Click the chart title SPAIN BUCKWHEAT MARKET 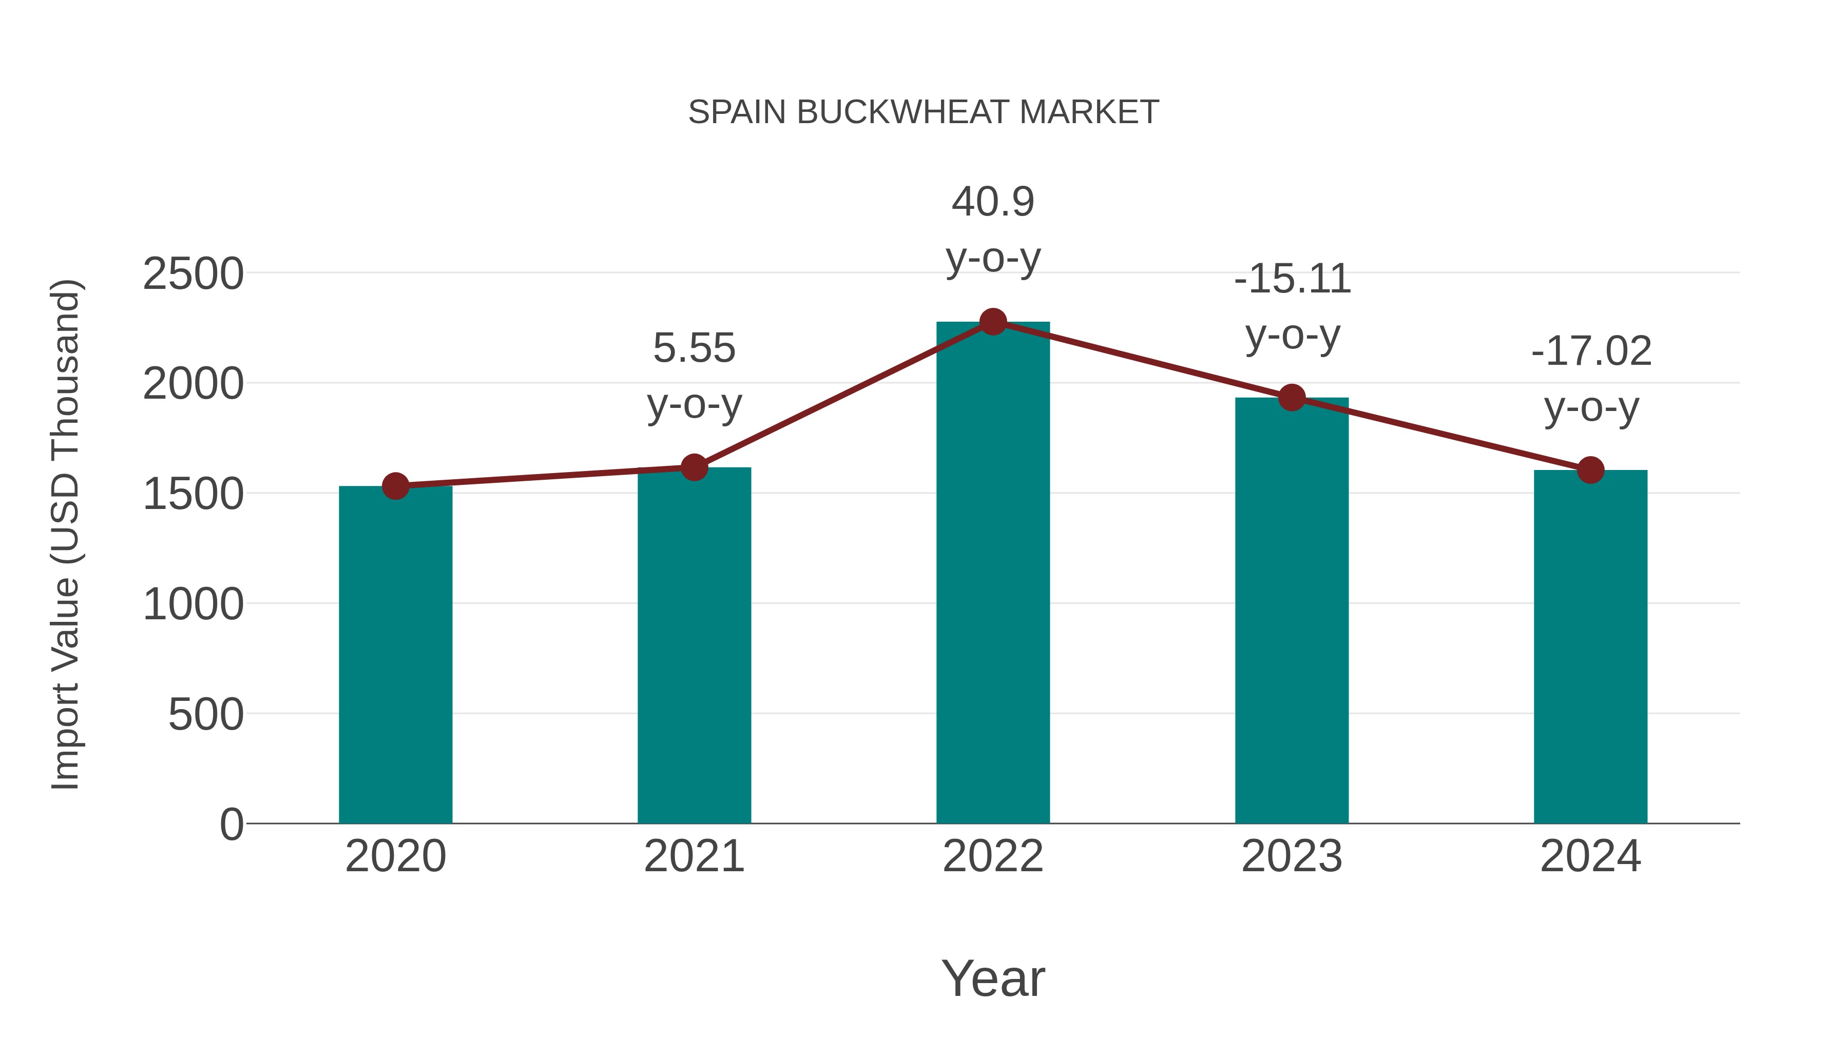coord(923,112)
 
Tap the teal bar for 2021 coord(694,645)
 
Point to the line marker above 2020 coord(395,486)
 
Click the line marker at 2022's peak coord(993,322)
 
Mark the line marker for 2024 coord(1590,471)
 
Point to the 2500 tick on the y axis coord(193,274)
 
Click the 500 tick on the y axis coord(205,715)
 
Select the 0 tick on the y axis coord(231,825)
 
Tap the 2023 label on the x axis coord(1292,856)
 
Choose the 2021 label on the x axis coord(694,856)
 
